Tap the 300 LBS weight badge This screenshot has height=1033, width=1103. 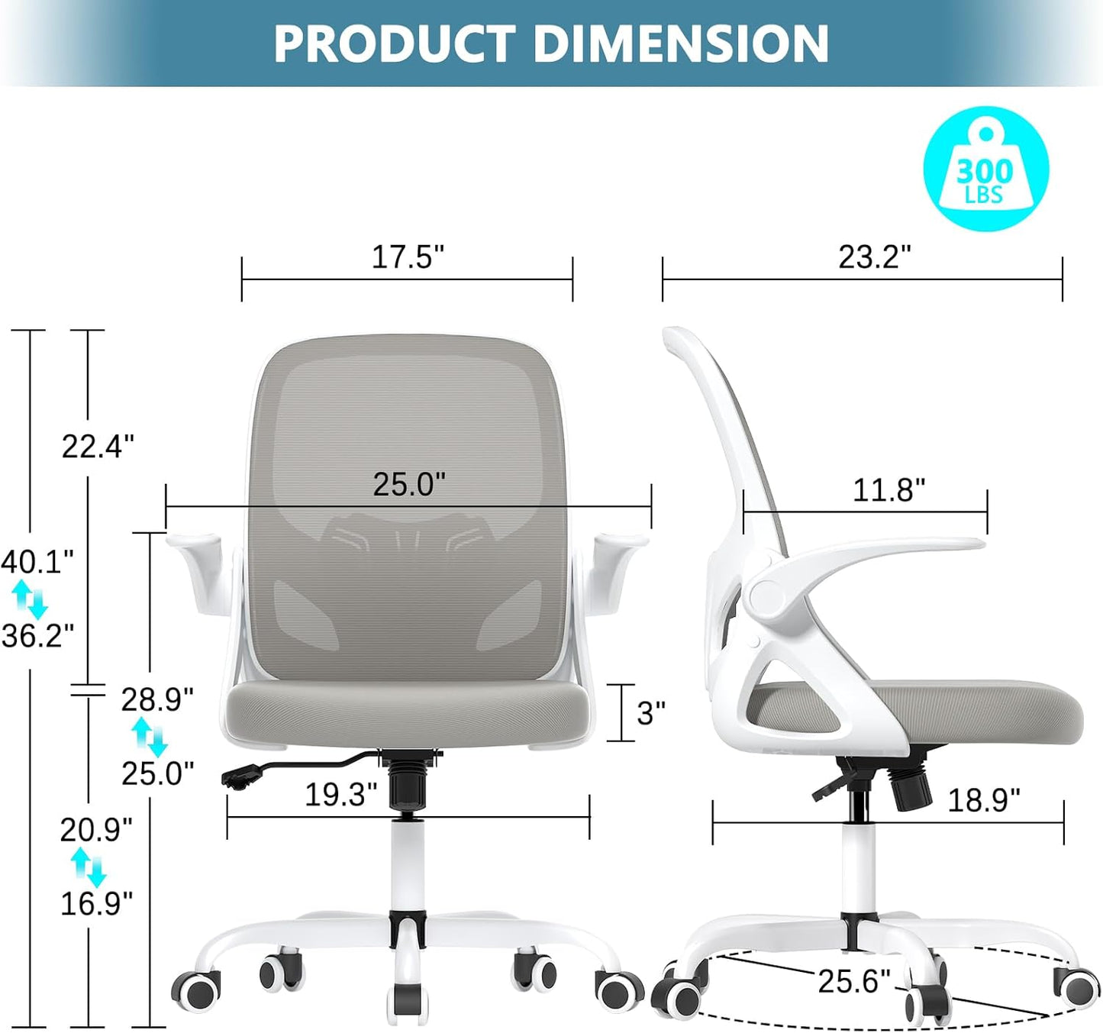tap(985, 169)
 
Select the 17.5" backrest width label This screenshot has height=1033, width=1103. tap(407, 257)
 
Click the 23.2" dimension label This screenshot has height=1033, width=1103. tap(874, 257)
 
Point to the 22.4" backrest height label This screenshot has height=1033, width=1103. tap(98, 447)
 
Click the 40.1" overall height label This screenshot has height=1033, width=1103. tap(37, 562)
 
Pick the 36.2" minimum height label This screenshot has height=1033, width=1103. tap(37, 635)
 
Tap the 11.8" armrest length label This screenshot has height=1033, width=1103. tap(888, 490)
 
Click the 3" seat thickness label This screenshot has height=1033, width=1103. tap(650, 713)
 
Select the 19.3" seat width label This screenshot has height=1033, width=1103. tap(340, 795)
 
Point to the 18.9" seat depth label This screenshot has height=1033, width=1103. tap(983, 800)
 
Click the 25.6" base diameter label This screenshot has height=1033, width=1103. tap(853, 981)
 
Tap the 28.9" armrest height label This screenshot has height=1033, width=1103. tap(157, 699)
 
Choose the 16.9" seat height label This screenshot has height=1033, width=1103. tap(96, 904)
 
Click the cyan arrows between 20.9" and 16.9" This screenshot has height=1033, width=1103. tap(88, 867)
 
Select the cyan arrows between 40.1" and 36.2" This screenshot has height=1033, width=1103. tap(31, 599)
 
